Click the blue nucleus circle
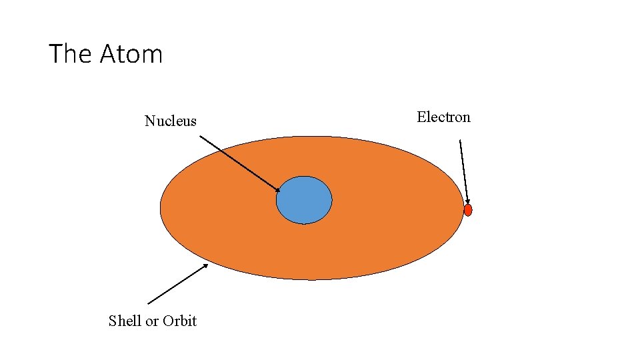click(304, 200)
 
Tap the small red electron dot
click(468, 210)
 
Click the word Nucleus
click(171, 121)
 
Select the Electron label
click(443, 117)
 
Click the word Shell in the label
click(125, 321)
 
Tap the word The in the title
click(70, 53)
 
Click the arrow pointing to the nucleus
click(240, 164)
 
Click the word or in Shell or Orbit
click(152, 321)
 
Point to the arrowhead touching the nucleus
click(277, 191)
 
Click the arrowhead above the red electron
click(468, 201)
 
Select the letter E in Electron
click(421, 117)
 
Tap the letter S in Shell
click(112, 321)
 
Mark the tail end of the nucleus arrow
click(201, 137)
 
